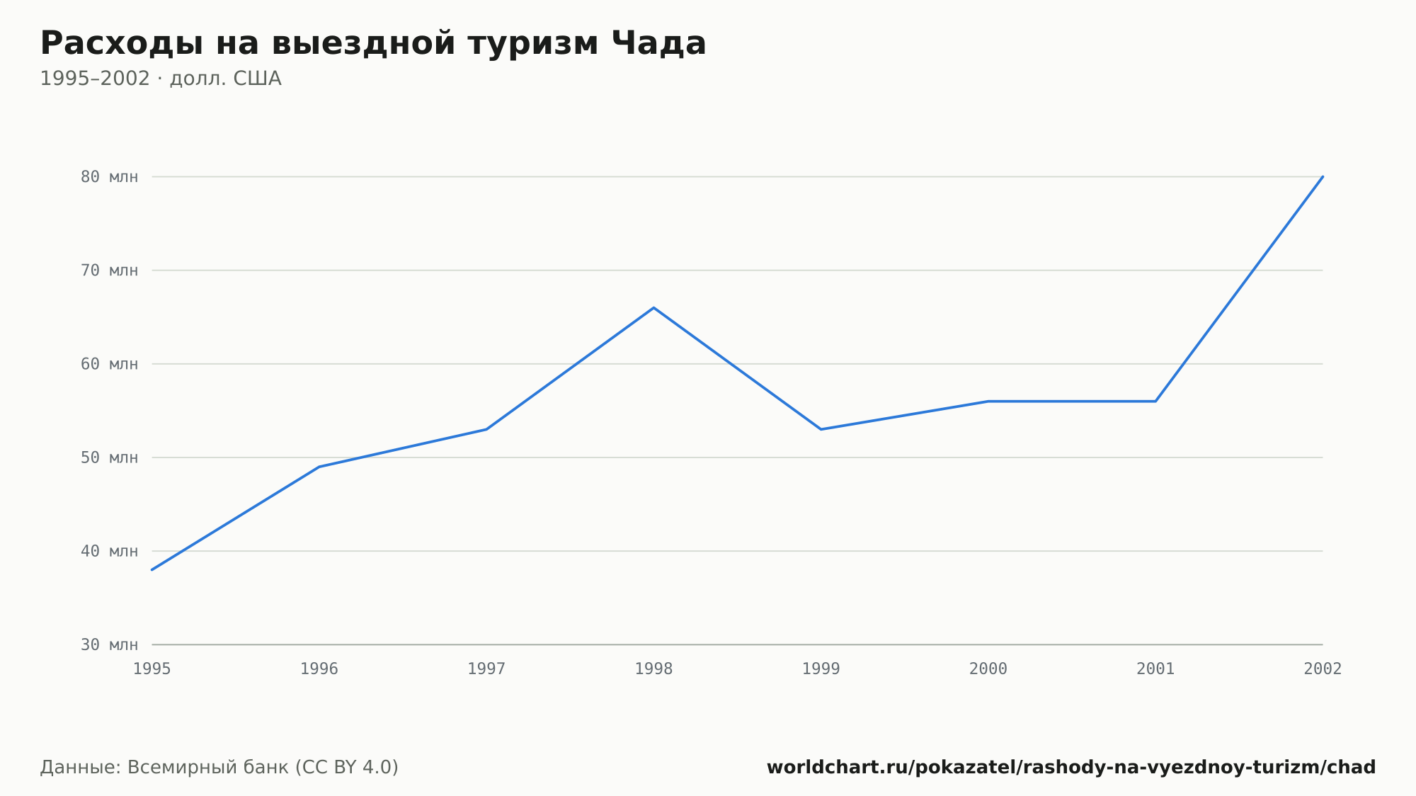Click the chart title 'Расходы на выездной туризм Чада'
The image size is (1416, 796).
tap(373, 43)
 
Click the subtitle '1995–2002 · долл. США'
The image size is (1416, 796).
tap(161, 79)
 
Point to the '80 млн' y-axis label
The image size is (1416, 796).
tap(110, 177)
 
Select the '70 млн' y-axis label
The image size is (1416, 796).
tap(110, 271)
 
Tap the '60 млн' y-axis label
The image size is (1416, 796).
tap(110, 364)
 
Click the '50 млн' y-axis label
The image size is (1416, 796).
tap(110, 457)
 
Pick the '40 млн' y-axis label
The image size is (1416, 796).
tap(110, 551)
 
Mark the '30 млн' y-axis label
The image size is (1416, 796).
tap(110, 644)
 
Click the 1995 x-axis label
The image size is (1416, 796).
tap(152, 669)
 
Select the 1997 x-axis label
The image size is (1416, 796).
tap(486, 669)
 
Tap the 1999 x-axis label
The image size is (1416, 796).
tap(821, 669)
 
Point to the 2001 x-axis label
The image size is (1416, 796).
tap(1155, 669)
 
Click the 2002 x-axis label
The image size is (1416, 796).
tap(1323, 669)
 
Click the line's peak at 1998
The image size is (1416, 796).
tap(653, 308)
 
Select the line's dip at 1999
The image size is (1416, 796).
tap(821, 429)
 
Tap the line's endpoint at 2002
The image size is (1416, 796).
tap(1323, 177)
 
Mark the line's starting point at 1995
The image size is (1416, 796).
tap(152, 569)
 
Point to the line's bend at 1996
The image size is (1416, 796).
tap(319, 467)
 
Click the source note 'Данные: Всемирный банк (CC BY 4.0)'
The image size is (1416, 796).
tap(219, 768)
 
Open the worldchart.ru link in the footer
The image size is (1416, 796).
tap(1071, 768)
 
